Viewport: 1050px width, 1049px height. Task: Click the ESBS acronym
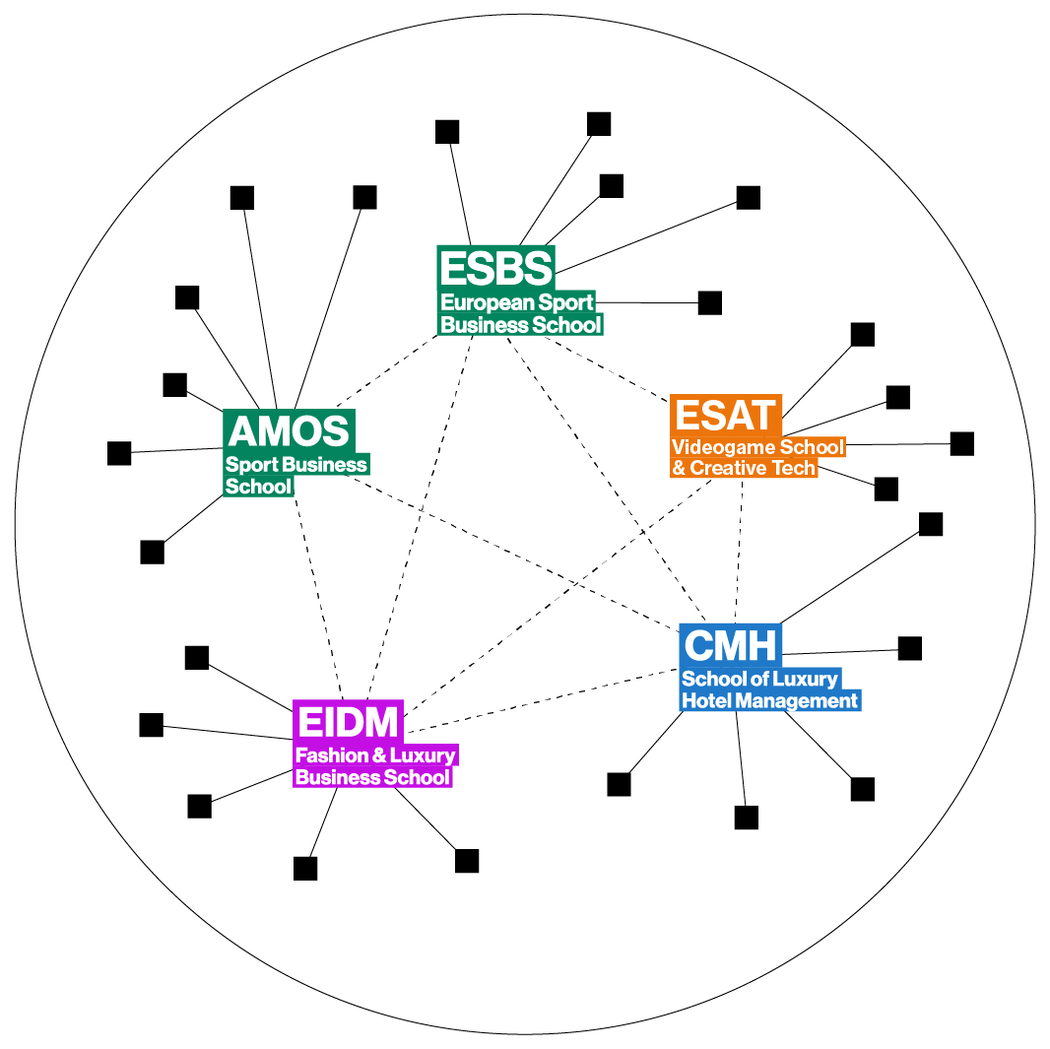tap(496, 268)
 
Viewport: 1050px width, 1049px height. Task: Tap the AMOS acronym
tap(289, 430)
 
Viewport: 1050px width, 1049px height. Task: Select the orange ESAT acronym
tap(726, 416)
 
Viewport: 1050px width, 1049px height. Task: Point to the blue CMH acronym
tap(731, 646)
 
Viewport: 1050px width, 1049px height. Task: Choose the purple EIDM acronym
tap(349, 722)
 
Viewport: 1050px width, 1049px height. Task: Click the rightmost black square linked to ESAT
tap(961, 443)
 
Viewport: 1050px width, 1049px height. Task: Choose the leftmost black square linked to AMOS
tap(119, 453)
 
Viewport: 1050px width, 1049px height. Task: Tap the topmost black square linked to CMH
tap(931, 524)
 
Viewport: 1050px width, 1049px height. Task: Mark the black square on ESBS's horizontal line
tap(709, 302)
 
